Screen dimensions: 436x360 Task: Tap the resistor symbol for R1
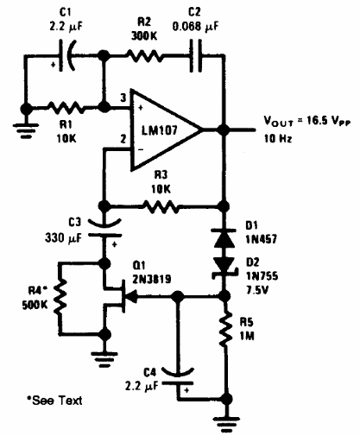pos(65,108)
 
